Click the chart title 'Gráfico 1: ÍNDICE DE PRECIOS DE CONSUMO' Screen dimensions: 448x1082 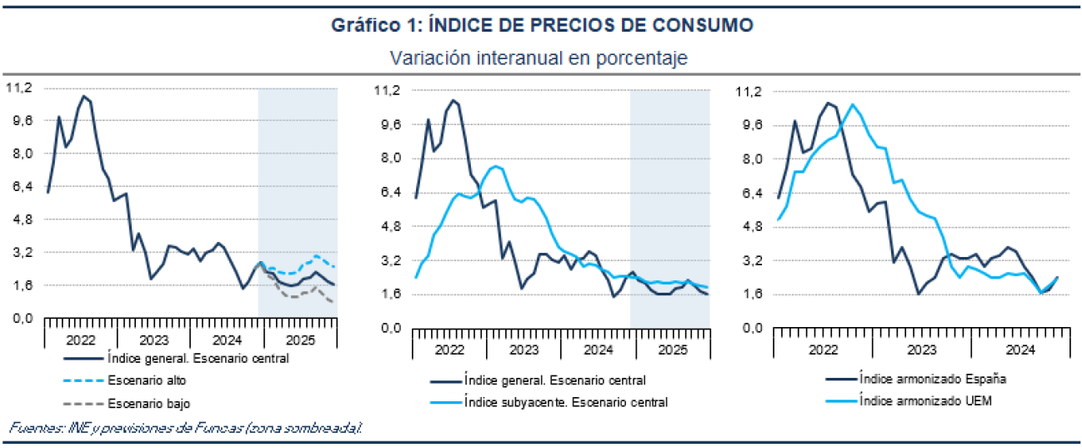tap(541, 26)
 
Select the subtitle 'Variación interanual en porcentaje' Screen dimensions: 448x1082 tap(541, 58)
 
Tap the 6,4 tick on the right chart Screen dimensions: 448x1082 tap(752, 193)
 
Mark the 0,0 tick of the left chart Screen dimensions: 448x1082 tap(22, 318)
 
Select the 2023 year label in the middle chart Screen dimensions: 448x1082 tap(523, 349)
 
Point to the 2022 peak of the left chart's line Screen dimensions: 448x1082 tap(83, 96)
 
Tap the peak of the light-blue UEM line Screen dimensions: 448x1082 tap(852, 104)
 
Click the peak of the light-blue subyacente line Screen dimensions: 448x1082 tap(496, 166)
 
